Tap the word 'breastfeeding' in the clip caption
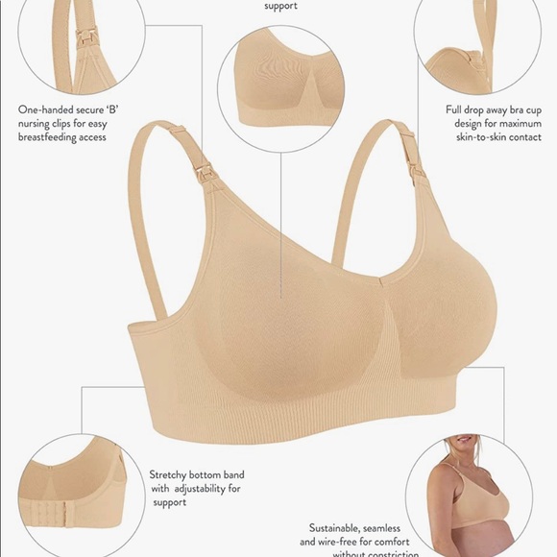click(x=56, y=136)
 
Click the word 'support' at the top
click(x=280, y=6)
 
